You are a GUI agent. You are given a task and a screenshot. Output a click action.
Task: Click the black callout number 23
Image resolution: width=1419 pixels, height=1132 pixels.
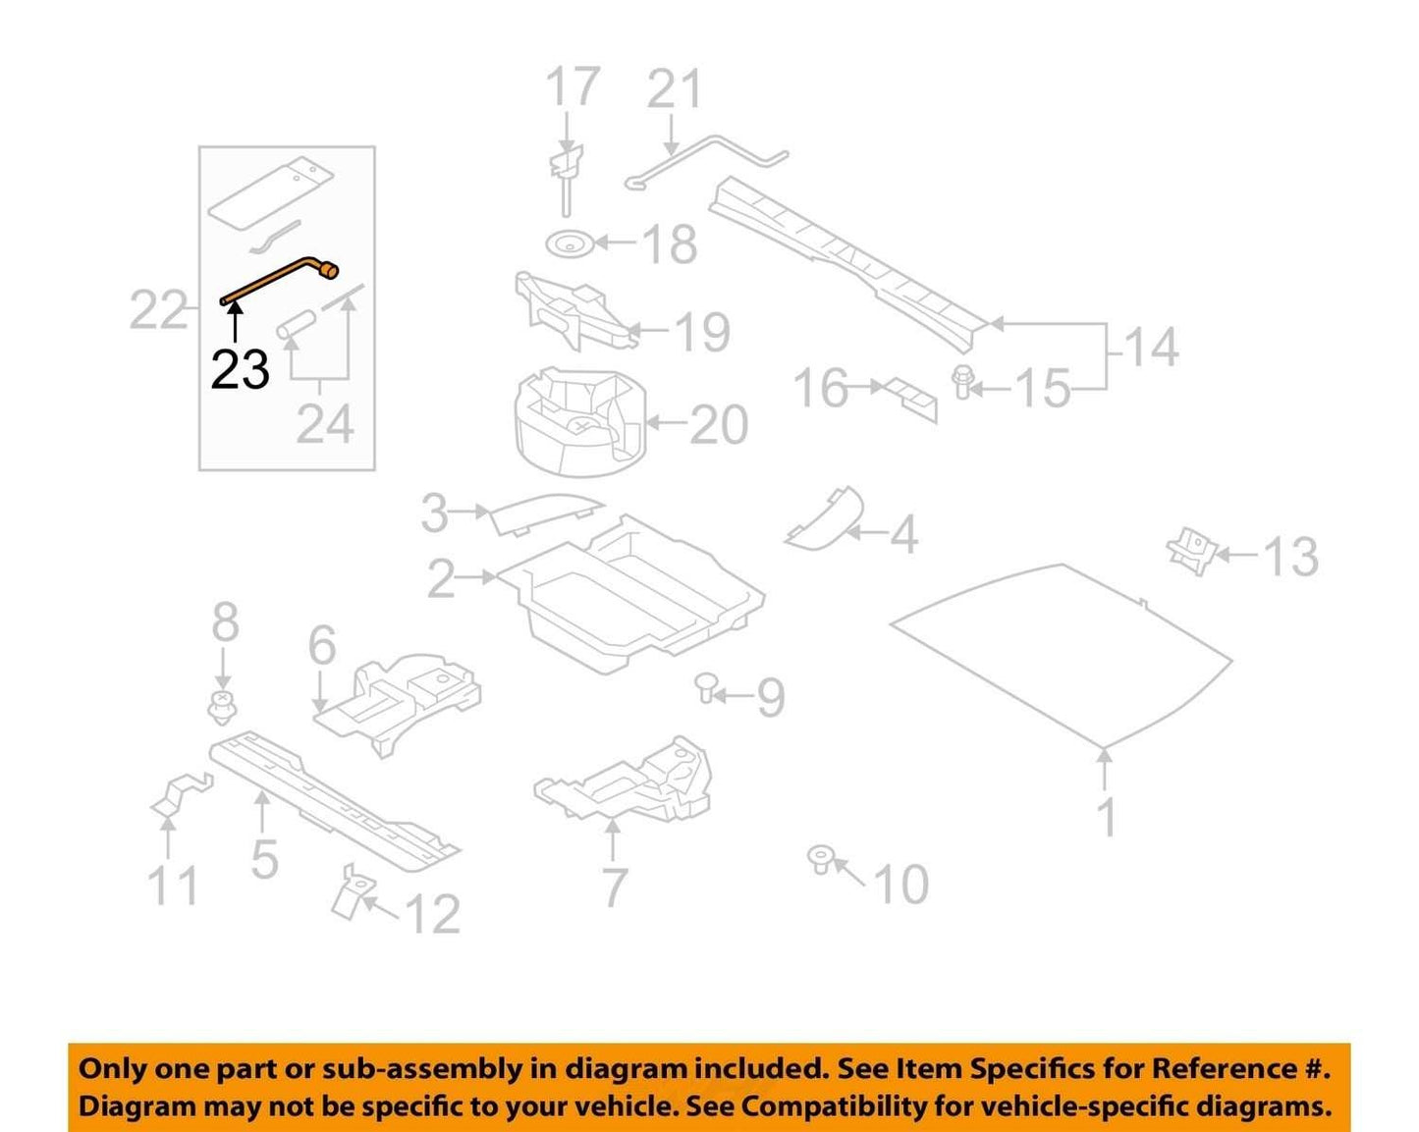240,369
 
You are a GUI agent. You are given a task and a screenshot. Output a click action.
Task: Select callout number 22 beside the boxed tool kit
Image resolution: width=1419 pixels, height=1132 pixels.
158,310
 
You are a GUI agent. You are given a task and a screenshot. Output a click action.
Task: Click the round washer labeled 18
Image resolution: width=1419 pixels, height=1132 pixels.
571,243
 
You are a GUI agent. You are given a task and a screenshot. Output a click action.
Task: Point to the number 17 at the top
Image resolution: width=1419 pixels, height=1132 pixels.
573,85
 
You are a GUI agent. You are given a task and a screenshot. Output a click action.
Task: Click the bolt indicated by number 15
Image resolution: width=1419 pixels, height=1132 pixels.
960,382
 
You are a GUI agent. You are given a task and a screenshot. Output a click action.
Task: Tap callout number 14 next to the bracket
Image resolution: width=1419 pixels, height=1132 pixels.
1151,347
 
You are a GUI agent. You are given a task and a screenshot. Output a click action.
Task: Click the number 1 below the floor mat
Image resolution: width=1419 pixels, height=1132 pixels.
1109,817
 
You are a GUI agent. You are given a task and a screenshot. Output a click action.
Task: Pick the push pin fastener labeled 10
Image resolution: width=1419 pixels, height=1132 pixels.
821,860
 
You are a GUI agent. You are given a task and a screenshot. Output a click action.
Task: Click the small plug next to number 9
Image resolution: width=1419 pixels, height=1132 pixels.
707,688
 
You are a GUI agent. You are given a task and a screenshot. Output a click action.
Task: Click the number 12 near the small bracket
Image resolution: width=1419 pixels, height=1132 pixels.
432,914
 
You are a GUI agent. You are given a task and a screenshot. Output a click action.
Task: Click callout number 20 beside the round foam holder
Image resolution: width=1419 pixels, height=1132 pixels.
720,425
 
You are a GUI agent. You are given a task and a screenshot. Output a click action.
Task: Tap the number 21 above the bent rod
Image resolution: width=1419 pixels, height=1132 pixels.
674,89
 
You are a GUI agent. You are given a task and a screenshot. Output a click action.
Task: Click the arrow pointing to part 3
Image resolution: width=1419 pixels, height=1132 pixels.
469,511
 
